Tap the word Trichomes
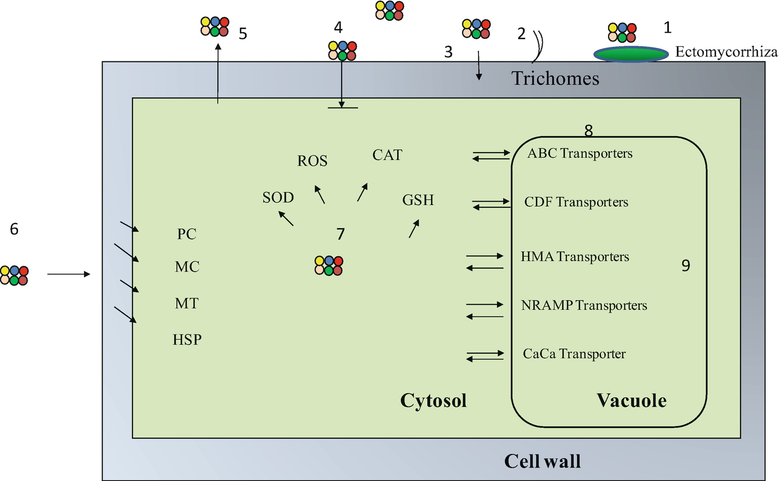555,78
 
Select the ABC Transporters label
580,153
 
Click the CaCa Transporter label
574,354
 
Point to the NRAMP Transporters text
584,306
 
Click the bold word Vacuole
631,401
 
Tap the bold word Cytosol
433,401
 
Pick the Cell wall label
542,461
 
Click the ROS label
312,161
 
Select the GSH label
418,200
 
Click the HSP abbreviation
187,340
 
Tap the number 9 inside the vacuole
685,266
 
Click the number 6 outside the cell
15,229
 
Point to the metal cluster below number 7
329,265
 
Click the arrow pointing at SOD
286,218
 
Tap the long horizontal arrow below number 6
68,274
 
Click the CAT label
387,155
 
